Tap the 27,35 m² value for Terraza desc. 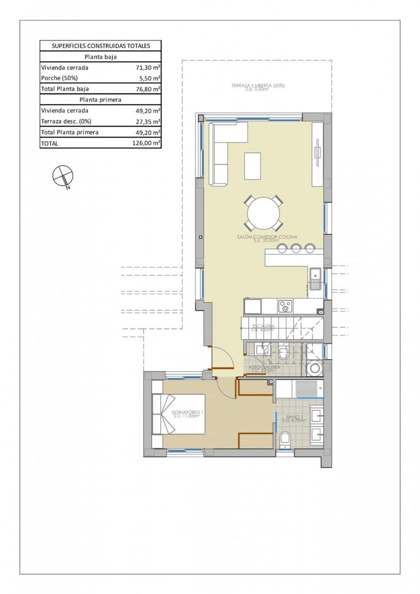(149, 122)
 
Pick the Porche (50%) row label (59, 78)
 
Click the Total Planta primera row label (70, 133)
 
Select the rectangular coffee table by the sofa (253, 166)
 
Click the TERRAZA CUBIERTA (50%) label (258, 86)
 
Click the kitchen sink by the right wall (316, 278)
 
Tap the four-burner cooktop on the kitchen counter (285, 304)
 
